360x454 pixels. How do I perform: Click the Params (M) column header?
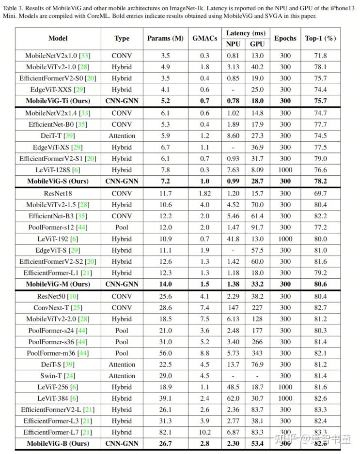point(165,38)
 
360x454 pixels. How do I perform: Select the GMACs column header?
point(204,38)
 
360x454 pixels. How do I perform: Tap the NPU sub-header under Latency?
point(233,44)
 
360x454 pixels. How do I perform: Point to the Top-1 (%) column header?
point(320,38)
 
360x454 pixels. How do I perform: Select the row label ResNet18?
point(58,193)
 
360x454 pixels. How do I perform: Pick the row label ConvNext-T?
point(58,307)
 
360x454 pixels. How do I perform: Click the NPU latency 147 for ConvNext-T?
point(233,307)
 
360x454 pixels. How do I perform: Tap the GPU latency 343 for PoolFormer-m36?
point(257,353)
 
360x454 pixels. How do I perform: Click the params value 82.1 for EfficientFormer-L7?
point(165,432)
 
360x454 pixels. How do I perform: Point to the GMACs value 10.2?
point(204,432)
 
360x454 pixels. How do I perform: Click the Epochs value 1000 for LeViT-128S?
point(285,170)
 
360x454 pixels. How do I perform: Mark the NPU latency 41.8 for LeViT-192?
point(233,239)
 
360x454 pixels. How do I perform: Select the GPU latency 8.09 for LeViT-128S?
point(257,170)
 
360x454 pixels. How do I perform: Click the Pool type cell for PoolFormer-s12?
point(122,227)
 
